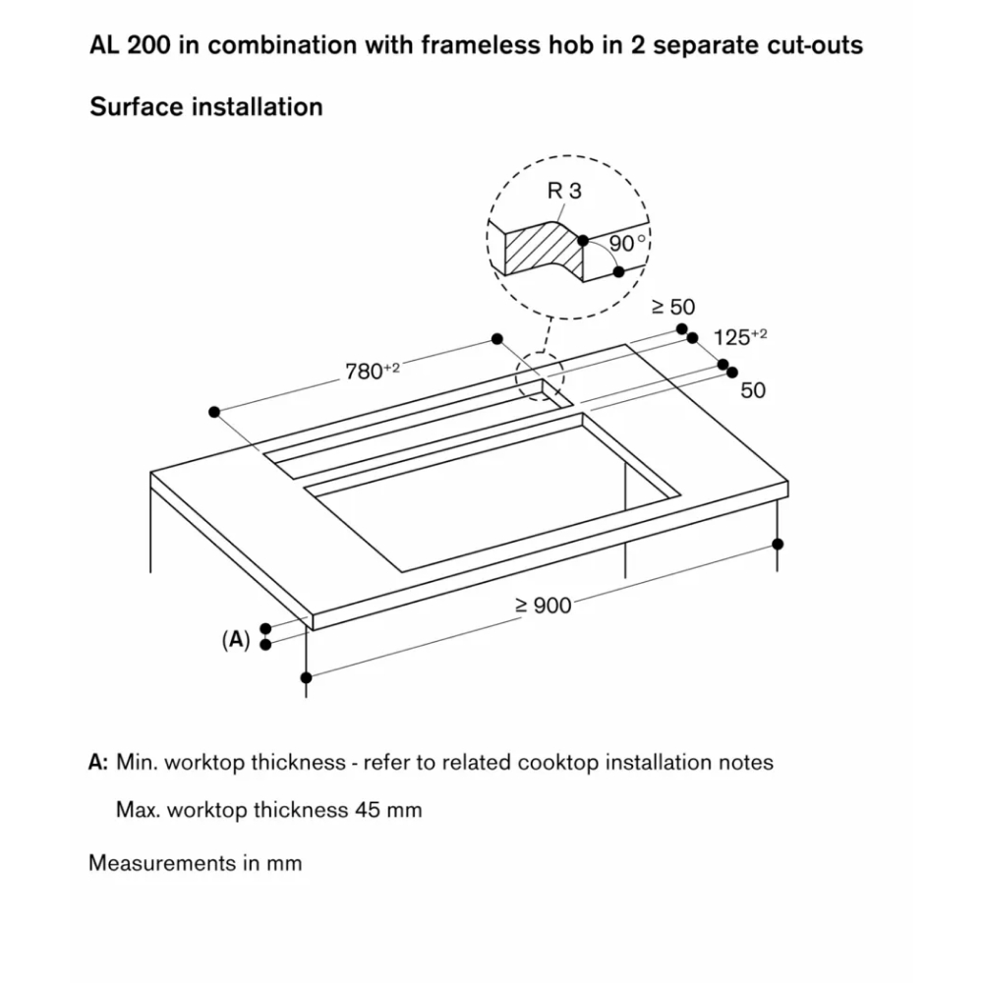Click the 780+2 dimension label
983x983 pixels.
[373, 371]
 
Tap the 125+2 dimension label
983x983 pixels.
[740, 337]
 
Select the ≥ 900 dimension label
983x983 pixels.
[544, 605]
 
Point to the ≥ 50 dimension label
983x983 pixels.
[673, 307]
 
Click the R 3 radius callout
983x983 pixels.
[564, 191]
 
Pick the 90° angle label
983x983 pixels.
[627, 243]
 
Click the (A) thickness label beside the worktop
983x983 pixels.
[236, 640]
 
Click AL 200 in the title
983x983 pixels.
[130, 45]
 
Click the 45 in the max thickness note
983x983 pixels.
[368, 809]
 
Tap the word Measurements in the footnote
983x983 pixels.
[162, 863]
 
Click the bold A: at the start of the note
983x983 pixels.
[98, 762]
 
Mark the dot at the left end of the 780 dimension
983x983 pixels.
[214, 412]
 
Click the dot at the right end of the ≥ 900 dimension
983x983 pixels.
[778, 544]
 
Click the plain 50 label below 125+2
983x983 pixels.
[753, 390]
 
